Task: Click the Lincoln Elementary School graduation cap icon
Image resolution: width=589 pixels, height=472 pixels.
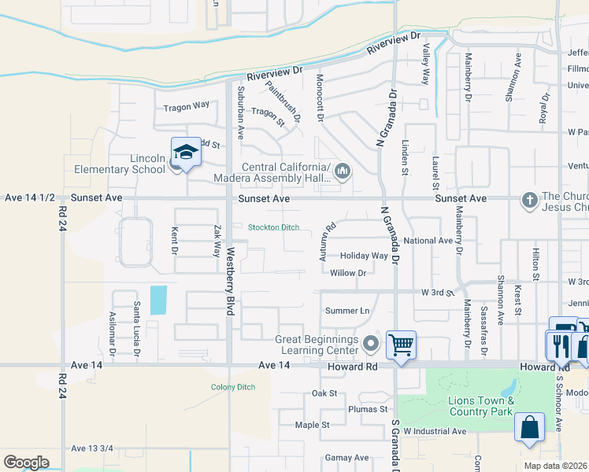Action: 186,152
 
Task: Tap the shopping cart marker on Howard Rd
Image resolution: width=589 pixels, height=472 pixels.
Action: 402,345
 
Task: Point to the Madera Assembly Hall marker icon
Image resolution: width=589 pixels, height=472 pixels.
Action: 343,171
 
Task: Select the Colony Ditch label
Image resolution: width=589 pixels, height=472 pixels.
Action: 233,387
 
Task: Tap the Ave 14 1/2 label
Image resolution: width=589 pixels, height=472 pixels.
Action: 29,198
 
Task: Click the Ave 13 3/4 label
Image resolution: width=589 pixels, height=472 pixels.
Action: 92,448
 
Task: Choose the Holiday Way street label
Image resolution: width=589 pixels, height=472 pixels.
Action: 364,256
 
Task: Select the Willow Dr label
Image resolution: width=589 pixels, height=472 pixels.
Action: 349,273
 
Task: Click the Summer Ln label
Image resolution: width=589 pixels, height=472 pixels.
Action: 347,311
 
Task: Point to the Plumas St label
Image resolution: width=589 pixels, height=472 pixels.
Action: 368,409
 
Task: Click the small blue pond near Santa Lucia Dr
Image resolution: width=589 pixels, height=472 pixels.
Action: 157,300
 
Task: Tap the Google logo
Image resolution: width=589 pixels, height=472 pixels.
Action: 26,463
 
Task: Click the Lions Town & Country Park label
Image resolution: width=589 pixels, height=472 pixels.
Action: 481,406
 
